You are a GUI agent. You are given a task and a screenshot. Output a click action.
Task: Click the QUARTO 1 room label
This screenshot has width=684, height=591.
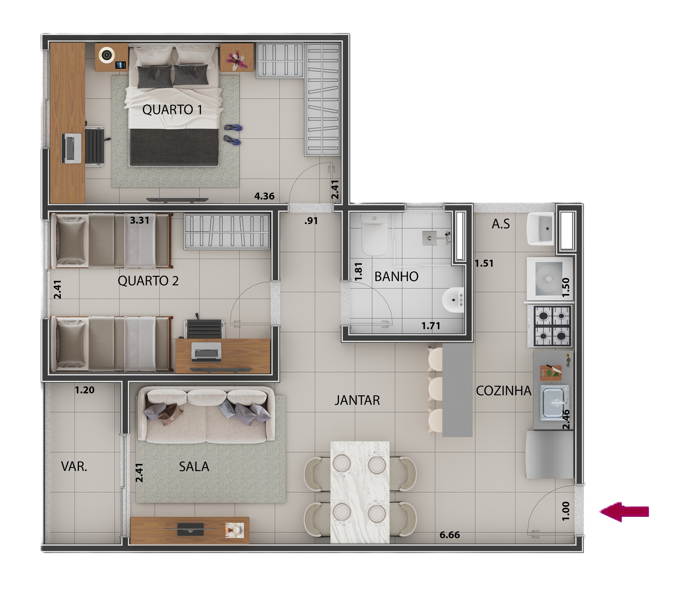click(x=172, y=109)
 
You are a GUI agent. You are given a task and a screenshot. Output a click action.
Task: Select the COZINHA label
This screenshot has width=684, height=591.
click(x=503, y=391)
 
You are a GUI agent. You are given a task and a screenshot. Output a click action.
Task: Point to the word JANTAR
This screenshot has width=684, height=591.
click(x=357, y=400)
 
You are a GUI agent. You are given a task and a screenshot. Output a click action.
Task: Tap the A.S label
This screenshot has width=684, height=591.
click(x=500, y=224)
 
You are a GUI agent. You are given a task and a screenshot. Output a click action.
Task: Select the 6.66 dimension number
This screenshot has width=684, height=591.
click(x=449, y=535)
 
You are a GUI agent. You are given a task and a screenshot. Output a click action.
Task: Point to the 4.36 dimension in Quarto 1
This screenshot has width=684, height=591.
click(x=264, y=196)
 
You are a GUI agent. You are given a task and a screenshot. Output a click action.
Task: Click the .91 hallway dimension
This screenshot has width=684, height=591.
click(x=311, y=221)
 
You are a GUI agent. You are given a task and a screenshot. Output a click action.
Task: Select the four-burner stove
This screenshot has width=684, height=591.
click(x=552, y=326)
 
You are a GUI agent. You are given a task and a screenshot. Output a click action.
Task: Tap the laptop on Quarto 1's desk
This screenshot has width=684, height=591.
click(x=72, y=148)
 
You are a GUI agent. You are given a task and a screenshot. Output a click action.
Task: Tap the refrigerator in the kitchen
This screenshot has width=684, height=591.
click(x=549, y=454)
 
